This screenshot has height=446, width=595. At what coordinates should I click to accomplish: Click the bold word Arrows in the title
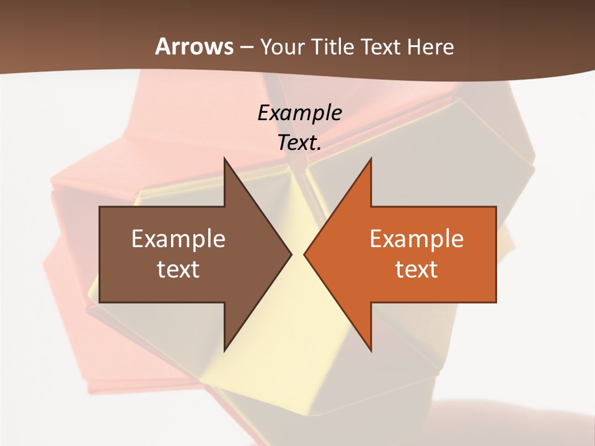pyautogui.click(x=195, y=46)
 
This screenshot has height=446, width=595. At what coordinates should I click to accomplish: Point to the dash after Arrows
pyautogui.click(x=247, y=48)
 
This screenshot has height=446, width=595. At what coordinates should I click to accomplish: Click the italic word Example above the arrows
pyautogui.click(x=299, y=113)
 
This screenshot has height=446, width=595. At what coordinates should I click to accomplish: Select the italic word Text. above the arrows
pyautogui.click(x=299, y=142)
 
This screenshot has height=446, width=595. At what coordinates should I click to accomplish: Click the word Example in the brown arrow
pyautogui.click(x=178, y=238)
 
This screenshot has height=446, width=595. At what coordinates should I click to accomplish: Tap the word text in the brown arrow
pyautogui.click(x=178, y=269)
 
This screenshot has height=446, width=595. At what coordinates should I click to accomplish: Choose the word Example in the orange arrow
pyautogui.click(x=416, y=238)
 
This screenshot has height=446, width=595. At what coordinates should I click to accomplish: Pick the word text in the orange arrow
pyautogui.click(x=416, y=269)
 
